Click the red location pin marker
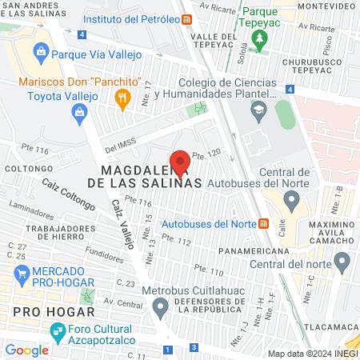(180, 162)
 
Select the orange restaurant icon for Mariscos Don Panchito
(122, 99)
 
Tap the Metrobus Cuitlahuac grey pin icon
(161, 305)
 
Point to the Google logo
(26, 350)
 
